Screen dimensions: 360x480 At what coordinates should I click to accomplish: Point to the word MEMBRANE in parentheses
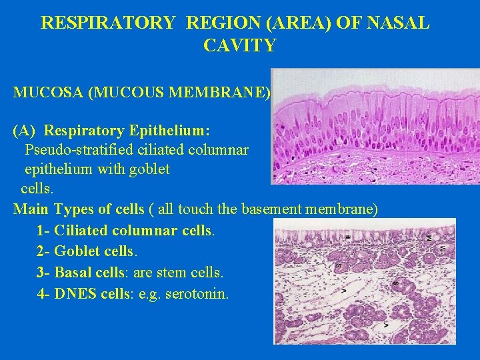[x=231, y=92]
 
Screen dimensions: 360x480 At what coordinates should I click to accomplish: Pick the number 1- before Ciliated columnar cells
[x=43, y=231]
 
